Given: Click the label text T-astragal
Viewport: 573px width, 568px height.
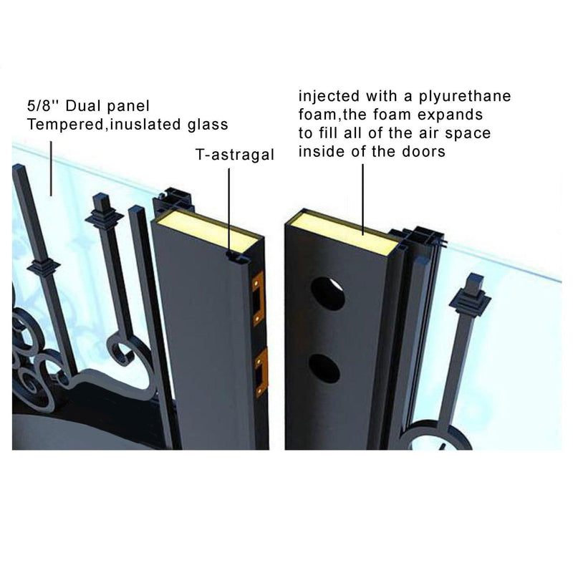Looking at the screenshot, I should [234, 154].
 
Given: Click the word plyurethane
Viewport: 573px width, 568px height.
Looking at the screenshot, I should [466, 96].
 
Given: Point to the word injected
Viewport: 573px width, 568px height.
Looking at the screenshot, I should [327, 96].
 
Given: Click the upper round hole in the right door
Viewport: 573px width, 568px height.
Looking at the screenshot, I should [327, 293].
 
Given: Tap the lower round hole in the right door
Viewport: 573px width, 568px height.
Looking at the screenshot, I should [324, 367].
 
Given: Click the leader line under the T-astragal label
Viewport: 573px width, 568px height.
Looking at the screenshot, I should [228, 208].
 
